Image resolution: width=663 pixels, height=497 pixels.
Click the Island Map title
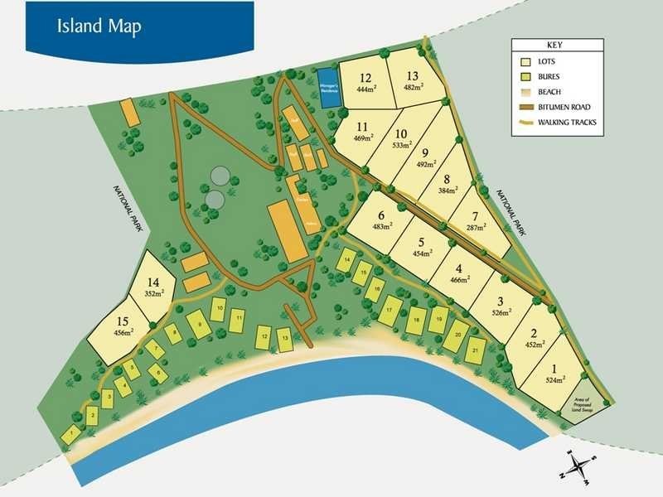(x=99, y=25)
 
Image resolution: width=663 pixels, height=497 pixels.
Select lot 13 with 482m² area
(x=413, y=81)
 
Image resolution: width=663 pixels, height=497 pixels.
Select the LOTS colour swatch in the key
(x=525, y=62)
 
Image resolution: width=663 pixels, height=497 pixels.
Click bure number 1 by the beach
(x=74, y=432)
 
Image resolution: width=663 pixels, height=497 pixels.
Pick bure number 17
(x=390, y=311)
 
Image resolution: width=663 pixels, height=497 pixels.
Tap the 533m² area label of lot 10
(x=402, y=146)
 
